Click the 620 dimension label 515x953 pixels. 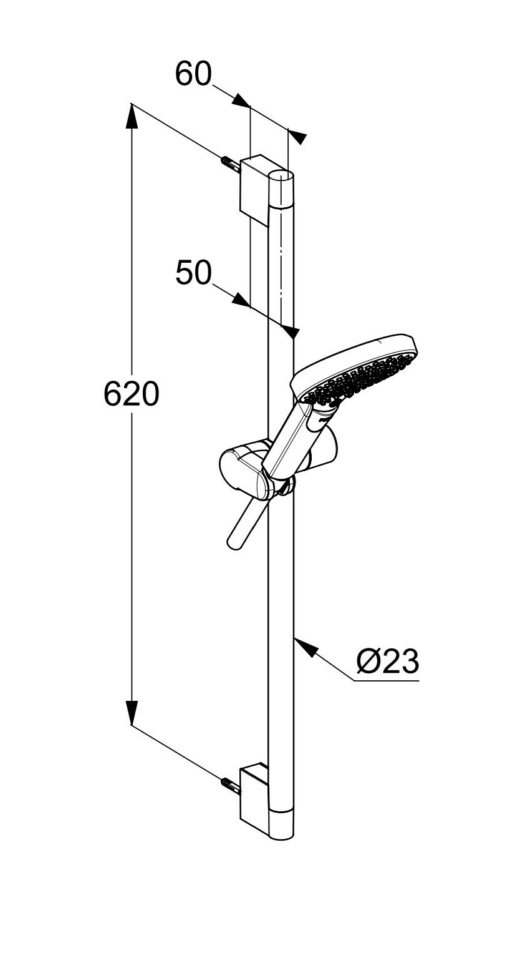coord(132,394)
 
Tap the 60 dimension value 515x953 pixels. coord(193,74)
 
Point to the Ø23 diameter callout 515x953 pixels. coord(388,662)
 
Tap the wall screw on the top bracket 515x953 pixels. coord(231,164)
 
